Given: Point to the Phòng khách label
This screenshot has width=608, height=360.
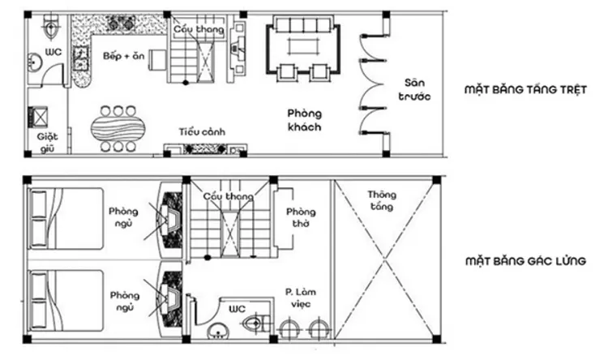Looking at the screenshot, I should click(304, 120).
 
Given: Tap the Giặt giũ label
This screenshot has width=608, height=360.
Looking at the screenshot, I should click(48, 143).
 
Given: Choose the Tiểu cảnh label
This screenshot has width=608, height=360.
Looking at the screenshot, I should click(202, 131).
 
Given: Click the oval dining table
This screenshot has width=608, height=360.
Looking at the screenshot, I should click(118, 128).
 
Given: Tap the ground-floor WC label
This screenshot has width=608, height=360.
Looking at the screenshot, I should click(54, 53).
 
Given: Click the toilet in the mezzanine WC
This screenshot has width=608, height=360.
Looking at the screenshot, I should click(254, 324).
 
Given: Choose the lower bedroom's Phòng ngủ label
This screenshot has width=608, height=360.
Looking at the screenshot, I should click(124, 302).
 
